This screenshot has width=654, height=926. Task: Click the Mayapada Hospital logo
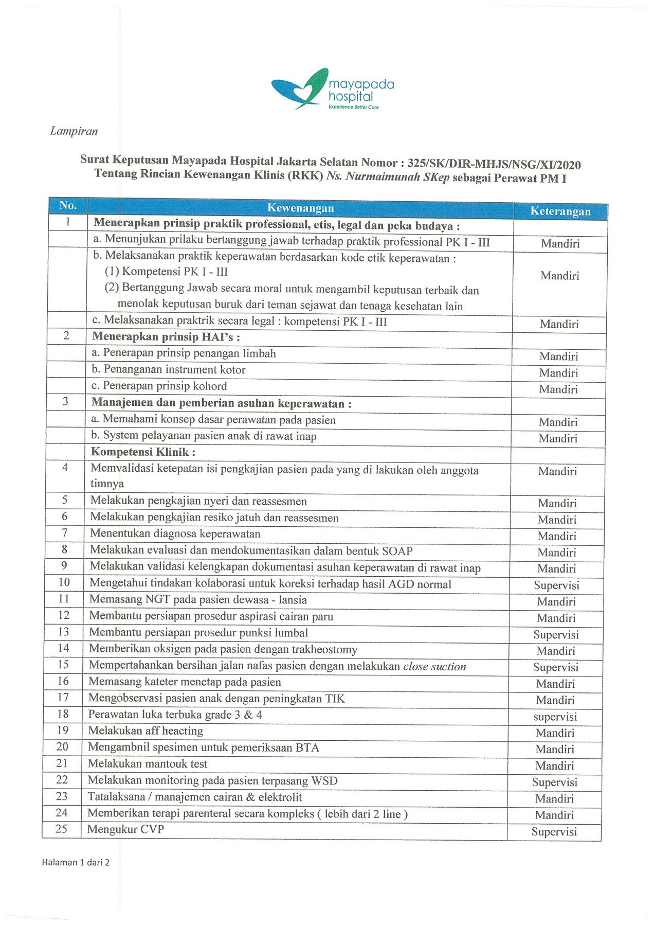click(x=333, y=90)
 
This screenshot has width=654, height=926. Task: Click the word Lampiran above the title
click(x=74, y=131)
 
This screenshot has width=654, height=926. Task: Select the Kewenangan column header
click(x=300, y=208)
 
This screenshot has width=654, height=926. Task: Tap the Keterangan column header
click(x=560, y=211)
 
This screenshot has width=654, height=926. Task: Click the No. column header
click(x=68, y=205)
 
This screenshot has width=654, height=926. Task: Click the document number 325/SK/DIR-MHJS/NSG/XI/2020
click(x=494, y=165)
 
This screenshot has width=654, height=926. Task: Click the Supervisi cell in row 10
click(x=556, y=585)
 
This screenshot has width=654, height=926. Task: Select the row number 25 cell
click(x=62, y=829)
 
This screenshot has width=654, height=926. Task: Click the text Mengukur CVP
click(x=125, y=829)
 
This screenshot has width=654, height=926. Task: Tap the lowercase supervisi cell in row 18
click(x=555, y=717)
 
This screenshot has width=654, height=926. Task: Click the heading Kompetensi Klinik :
click(x=143, y=452)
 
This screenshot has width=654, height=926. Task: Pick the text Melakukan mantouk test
click(x=148, y=764)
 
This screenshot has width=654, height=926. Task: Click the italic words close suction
click(x=434, y=667)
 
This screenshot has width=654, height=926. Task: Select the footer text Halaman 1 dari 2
click(x=76, y=863)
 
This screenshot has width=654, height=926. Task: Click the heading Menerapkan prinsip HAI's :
click(x=166, y=337)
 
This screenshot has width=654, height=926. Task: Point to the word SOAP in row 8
click(x=397, y=551)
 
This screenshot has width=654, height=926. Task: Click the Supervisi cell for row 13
click(x=556, y=635)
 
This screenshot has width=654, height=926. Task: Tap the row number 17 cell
click(x=63, y=698)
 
